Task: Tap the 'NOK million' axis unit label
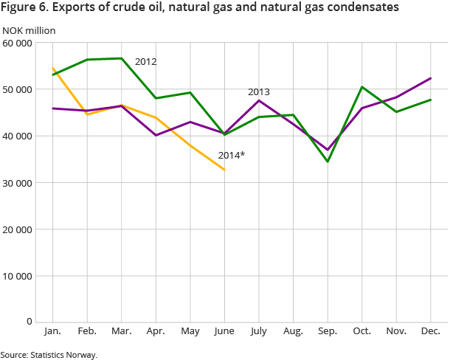point(29,30)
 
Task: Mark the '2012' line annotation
point(145,62)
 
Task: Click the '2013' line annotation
point(258,92)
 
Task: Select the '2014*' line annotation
point(231,156)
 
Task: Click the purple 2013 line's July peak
point(259,100)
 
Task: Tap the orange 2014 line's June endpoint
point(224,170)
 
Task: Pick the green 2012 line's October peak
point(361,87)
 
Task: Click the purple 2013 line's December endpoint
point(430,78)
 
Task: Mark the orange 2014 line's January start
point(53,69)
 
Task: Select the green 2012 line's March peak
point(122,58)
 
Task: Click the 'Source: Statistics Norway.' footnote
point(49,355)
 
